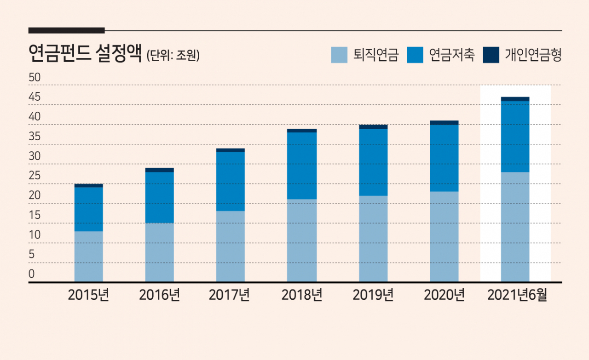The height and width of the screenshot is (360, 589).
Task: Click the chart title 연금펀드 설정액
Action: pyautogui.click(x=85, y=54)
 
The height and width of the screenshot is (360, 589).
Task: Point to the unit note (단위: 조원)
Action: pyautogui.click(x=173, y=55)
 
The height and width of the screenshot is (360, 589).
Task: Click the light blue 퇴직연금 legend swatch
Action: pyautogui.click(x=339, y=55)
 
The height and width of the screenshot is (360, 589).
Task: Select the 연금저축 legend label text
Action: pyautogui.click(x=452, y=55)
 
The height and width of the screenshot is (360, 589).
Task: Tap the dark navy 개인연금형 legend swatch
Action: pyautogui.click(x=491, y=55)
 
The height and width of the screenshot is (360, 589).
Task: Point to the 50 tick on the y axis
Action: pyautogui.click(x=35, y=78)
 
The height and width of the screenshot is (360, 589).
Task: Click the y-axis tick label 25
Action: pyautogui.click(x=35, y=176)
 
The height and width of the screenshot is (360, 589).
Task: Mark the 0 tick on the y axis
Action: pyautogui.click(x=32, y=274)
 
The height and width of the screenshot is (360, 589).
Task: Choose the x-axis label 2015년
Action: pyautogui.click(x=88, y=295)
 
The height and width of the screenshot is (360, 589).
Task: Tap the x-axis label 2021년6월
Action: pyautogui.click(x=517, y=295)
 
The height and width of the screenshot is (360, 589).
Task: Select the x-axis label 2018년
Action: pyautogui.click(x=302, y=295)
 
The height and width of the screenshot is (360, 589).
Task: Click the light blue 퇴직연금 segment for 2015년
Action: pyautogui.click(x=89, y=257)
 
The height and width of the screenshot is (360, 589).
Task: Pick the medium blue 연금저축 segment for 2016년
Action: pyautogui.click(x=160, y=198)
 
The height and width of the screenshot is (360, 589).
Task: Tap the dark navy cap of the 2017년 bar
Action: pyautogui.click(x=231, y=150)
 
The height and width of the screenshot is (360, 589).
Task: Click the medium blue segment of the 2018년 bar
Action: pyautogui.click(x=302, y=166)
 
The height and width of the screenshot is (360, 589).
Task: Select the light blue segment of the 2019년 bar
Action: pyautogui.click(x=373, y=239)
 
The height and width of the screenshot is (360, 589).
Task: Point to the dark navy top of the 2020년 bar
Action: pyautogui.click(x=445, y=123)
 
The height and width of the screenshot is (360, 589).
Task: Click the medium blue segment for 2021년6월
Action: pyautogui.click(x=515, y=137)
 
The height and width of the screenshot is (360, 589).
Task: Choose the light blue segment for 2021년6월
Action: pyautogui.click(x=515, y=227)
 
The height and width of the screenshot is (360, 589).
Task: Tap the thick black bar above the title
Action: pyautogui.click(x=67, y=30)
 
